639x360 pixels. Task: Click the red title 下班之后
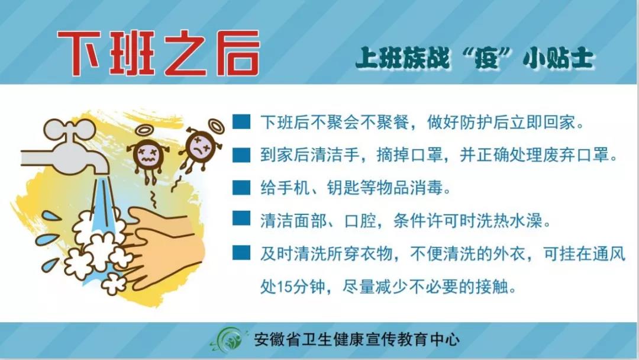tap(158, 53)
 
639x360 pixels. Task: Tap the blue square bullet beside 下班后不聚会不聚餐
tap(241, 121)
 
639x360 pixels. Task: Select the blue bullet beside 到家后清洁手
tap(241, 155)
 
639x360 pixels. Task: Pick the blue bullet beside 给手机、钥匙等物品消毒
tap(241, 188)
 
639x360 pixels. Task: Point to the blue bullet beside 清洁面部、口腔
tap(241, 218)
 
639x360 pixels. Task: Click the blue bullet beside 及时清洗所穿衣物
tap(241, 253)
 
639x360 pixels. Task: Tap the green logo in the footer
tap(227, 339)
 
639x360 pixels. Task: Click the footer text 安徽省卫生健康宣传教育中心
tap(357, 339)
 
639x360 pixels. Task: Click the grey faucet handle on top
tap(69, 130)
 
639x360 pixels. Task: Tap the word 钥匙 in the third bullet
tap(343, 188)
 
